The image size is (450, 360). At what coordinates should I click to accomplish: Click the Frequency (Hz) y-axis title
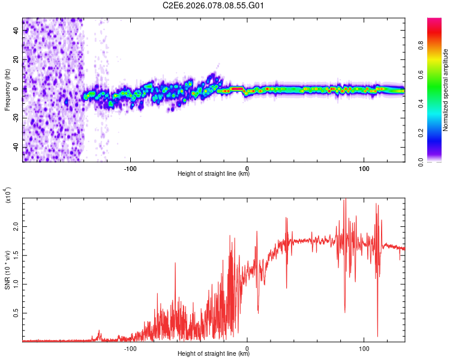(7, 90)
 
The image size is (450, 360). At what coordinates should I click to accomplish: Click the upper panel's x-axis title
(214, 174)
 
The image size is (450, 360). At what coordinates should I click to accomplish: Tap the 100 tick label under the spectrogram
(364, 167)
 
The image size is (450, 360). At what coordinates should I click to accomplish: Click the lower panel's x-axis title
(214, 354)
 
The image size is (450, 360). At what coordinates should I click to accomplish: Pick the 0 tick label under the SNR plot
(247, 348)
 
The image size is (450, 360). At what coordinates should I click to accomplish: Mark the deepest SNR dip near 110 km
(377, 335)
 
